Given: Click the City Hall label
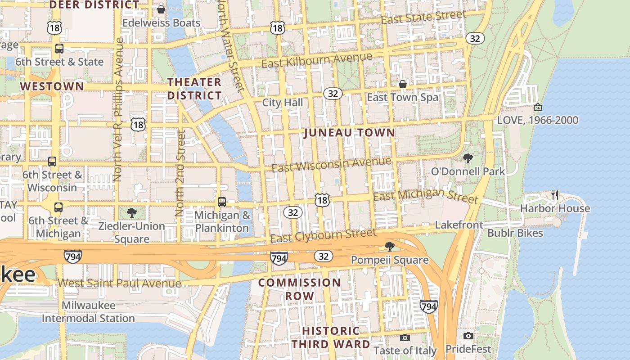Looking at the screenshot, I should (283, 103).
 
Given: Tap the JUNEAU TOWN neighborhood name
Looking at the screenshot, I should (349, 133).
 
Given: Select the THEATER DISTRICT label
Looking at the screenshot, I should (194, 89).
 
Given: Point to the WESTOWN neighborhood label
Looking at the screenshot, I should (52, 86).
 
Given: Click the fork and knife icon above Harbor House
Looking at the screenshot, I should (555, 195).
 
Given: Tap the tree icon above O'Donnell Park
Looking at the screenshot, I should (468, 158).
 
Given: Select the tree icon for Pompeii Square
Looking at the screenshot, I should (390, 246).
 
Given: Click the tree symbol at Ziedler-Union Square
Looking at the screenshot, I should (131, 212).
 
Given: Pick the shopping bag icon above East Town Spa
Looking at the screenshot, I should (403, 84).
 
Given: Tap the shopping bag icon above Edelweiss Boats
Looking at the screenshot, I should (161, 9).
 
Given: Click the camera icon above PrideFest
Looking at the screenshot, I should (468, 336).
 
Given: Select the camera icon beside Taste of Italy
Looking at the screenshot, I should (405, 337).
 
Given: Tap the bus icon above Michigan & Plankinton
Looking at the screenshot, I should (222, 202).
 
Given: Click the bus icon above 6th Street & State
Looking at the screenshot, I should (59, 49).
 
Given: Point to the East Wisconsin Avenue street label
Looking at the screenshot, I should (331, 164).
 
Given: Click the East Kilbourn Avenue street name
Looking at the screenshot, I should (317, 60).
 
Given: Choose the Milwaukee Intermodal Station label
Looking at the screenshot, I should (88, 312).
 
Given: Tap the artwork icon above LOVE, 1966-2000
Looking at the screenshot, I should (537, 107).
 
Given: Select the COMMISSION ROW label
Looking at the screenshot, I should (299, 289).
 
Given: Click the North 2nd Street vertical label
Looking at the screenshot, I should (180, 173).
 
